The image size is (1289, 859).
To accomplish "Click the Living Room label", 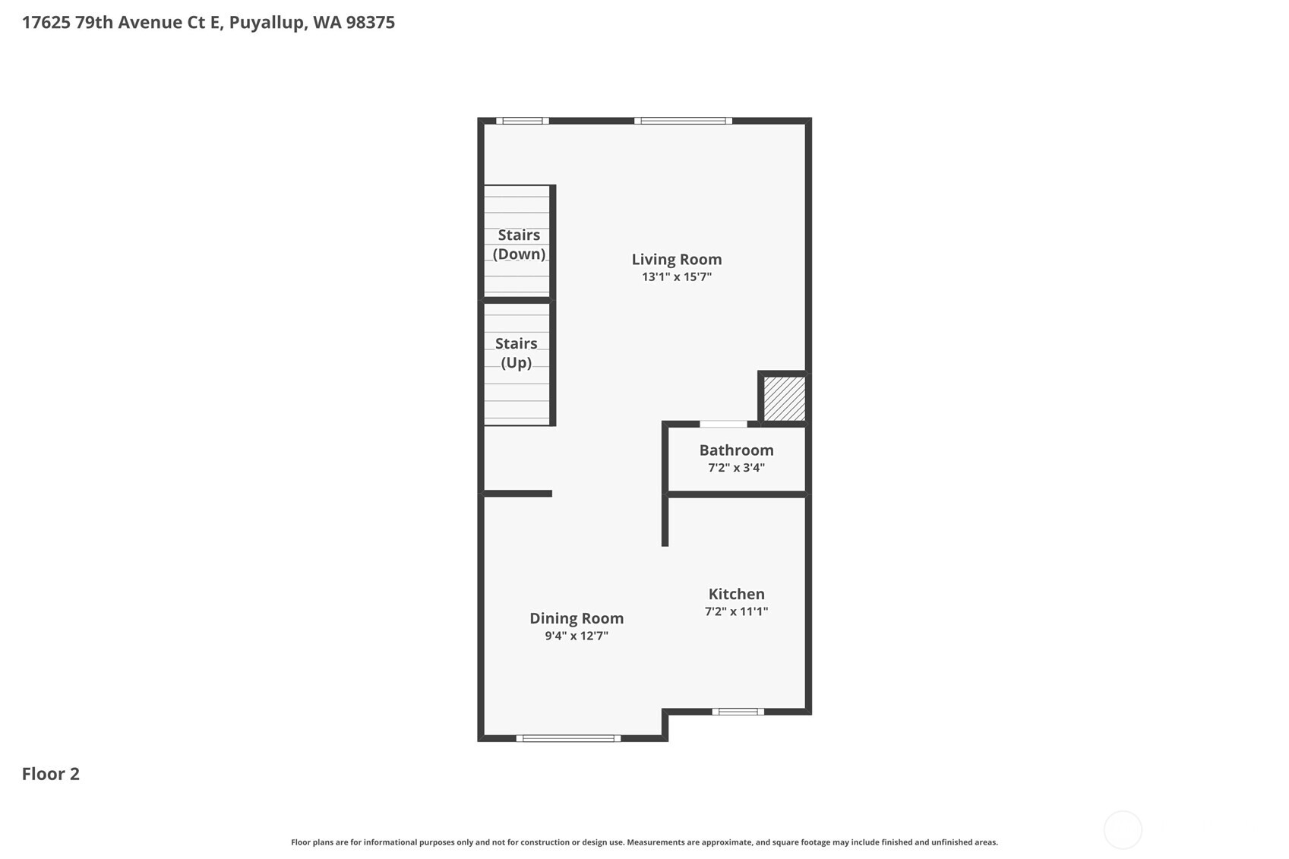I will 676,260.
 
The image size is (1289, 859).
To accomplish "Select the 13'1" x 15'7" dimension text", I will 676,277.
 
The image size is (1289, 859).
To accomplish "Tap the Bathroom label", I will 736,450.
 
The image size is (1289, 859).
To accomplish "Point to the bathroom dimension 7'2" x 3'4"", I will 736,468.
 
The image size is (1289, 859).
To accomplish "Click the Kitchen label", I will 736,594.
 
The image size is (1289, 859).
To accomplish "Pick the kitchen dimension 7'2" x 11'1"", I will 736,611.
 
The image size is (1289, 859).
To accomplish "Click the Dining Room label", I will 577,618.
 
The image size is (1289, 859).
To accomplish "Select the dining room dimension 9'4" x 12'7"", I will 577,636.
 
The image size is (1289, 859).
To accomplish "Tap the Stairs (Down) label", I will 519,245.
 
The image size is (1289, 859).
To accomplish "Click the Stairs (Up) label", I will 517,353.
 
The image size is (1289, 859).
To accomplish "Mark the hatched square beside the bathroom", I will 784,399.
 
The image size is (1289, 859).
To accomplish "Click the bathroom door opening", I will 723,424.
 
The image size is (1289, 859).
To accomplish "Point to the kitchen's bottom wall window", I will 738,712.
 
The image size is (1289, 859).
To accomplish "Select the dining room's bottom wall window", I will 568,738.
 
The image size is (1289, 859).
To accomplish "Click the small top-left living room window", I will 523,121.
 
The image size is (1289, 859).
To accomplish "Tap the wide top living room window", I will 683,121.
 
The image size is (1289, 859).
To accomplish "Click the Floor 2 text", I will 51,774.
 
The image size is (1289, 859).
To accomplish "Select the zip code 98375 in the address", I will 370,22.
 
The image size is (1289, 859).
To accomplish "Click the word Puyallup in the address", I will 267,22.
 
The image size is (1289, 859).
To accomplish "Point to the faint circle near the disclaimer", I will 1122,829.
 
